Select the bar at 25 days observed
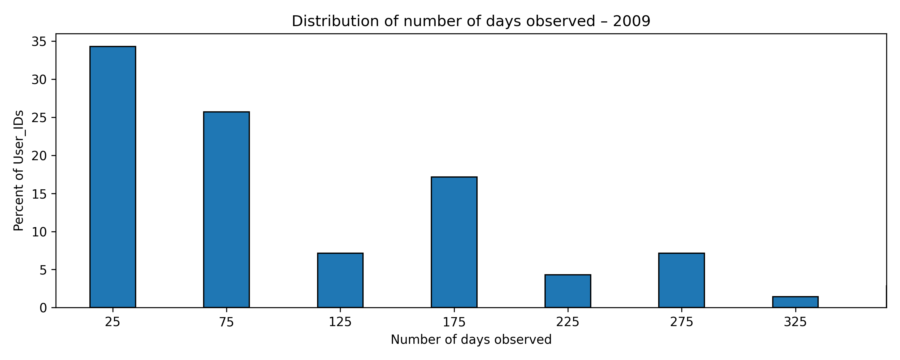(x=112, y=177)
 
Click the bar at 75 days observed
(x=226, y=210)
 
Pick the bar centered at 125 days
(x=340, y=280)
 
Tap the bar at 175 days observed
(x=454, y=242)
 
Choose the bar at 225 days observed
(x=568, y=291)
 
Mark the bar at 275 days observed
(x=681, y=280)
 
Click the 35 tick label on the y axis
(x=39, y=42)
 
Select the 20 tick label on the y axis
(x=39, y=156)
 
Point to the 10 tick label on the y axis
(x=39, y=232)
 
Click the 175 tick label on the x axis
(x=454, y=322)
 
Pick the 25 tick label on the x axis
(x=112, y=322)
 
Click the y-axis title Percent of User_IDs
(x=19, y=171)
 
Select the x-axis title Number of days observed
(x=471, y=340)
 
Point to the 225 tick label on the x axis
(x=568, y=322)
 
